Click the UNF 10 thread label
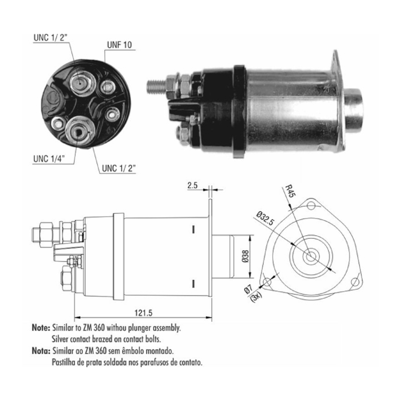coord(119,45)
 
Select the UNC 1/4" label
coord(49,159)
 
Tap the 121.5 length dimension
coord(143,312)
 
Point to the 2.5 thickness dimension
coord(192,185)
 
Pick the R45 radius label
coord(290,191)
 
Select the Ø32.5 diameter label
coord(265,218)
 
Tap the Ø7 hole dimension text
coord(249,290)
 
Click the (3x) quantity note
coord(256,297)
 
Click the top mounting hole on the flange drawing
coord(311,205)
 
